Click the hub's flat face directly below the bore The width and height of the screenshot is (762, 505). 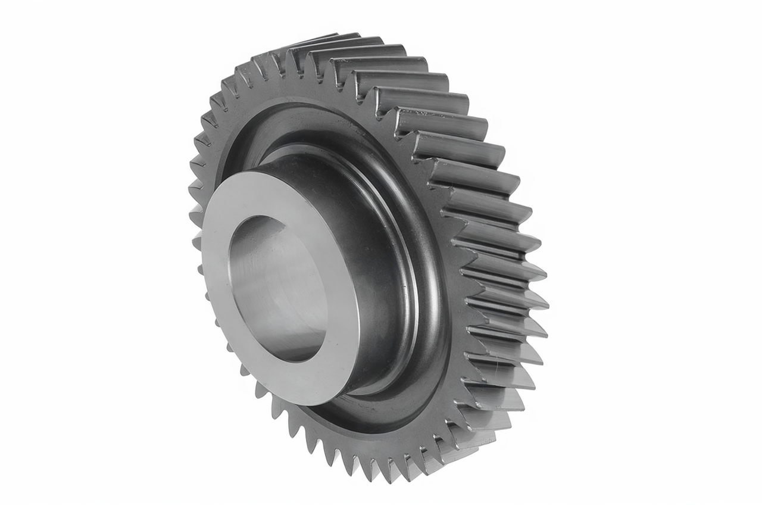[298, 381]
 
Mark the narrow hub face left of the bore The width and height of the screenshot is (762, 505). [214, 262]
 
